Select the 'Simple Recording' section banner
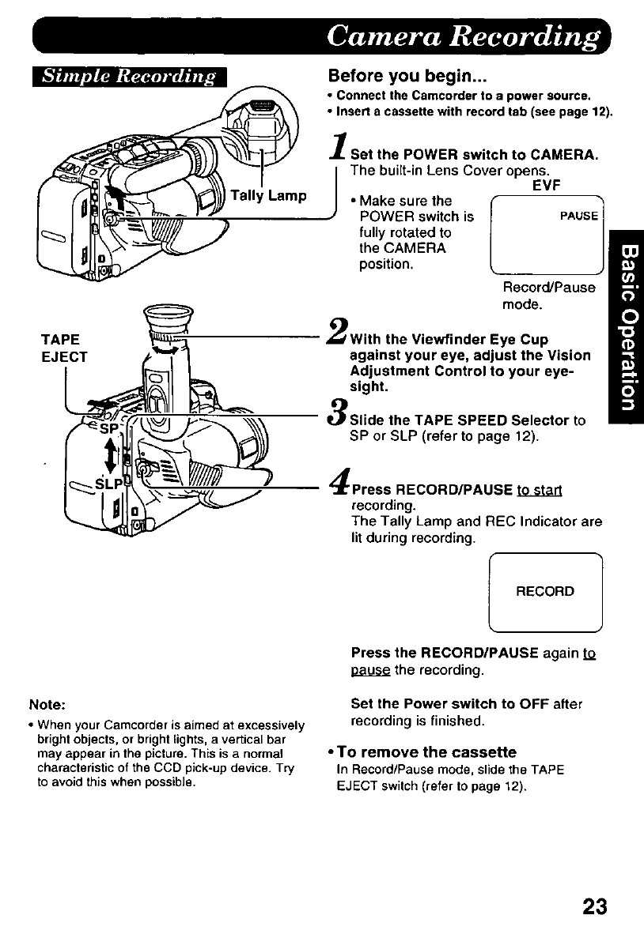coord(127,77)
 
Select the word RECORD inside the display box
coord(545,591)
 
